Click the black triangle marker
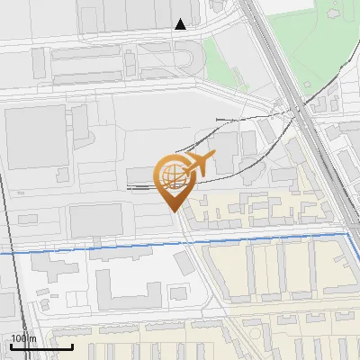tap(180, 24)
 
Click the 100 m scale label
tap(23, 338)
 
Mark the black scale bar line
tap(41, 346)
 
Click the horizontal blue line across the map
tap(135, 246)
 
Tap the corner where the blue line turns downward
tap(348, 234)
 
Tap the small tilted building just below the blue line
tap(184, 263)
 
